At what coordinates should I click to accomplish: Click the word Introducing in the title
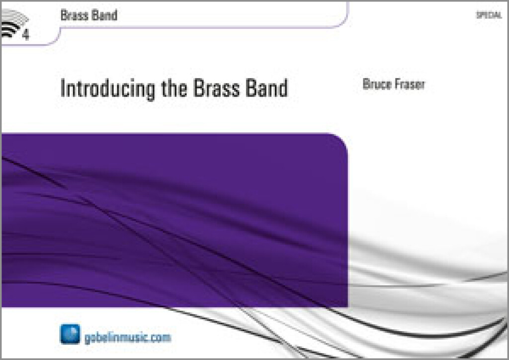pos(107,89)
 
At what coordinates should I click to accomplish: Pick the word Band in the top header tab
pos(103,15)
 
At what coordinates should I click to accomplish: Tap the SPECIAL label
pos(489,15)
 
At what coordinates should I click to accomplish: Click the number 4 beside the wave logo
pos(26,34)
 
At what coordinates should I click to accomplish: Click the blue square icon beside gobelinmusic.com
pos(70,334)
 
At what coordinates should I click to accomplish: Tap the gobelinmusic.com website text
pos(128,338)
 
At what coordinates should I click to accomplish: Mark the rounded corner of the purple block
pos(341,140)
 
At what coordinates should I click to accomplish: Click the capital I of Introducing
pos(62,88)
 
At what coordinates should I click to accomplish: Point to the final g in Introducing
pos(150,91)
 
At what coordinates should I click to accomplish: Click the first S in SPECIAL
pos(478,15)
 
